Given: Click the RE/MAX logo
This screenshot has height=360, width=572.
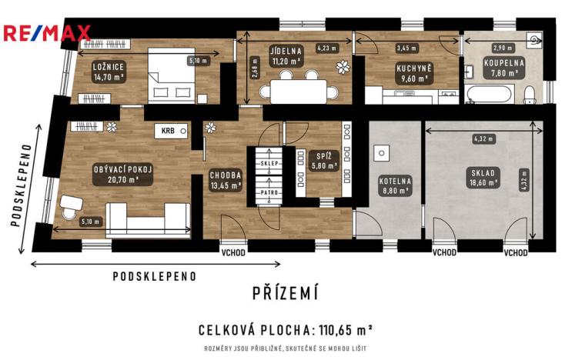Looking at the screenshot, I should (46, 33).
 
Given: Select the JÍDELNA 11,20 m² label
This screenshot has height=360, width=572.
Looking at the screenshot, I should (286, 57).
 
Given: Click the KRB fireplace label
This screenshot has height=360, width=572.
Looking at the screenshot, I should (167, 131).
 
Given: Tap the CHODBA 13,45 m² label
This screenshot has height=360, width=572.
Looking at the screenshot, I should (226, 179).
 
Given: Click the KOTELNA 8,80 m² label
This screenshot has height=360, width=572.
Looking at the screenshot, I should (396, 186).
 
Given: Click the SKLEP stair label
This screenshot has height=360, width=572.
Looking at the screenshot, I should (269, 164).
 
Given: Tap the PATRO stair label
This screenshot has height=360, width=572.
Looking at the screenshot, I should (269, 192).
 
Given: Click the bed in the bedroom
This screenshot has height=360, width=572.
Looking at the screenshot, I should (172, 77).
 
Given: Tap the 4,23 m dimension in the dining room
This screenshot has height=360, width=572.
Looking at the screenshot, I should (327, 48).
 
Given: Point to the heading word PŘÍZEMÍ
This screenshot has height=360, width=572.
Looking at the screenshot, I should (285, 292).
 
